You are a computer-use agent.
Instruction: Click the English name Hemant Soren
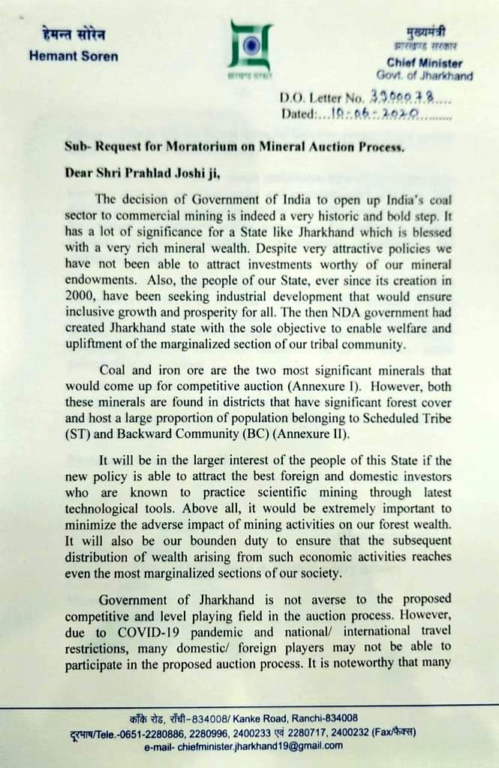pos(74,56)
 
